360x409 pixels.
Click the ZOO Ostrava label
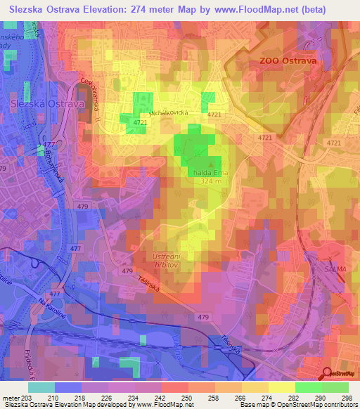[x=288, y=61]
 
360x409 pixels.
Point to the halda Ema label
[x=207, y=171]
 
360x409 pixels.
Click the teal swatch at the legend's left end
[x=41, y=387]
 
